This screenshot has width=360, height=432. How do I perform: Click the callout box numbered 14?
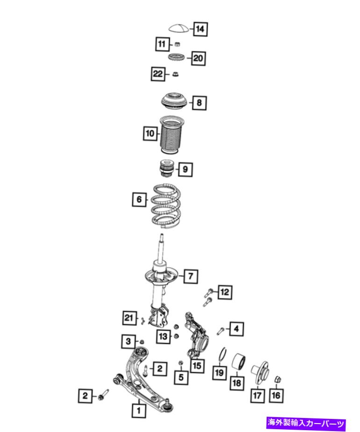point(200,29)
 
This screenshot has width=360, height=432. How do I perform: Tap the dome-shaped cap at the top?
point(179,28)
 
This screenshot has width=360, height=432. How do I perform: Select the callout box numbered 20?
point(198,58)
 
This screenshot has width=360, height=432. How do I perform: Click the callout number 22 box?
point(158,74)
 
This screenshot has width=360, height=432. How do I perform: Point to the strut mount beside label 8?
point(174,101)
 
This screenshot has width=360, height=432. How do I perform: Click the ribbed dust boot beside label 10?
point(172,135)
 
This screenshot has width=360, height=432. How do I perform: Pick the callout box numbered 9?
point(185,169)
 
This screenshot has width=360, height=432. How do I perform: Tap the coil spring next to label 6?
point(166,206)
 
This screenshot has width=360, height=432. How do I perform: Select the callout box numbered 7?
point(191,276)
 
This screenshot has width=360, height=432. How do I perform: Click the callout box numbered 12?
point(225,292)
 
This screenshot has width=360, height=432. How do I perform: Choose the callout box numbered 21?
point(129,318)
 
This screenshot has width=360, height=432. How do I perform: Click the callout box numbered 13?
point(163,336)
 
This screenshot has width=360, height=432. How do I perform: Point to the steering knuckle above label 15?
point(197,335)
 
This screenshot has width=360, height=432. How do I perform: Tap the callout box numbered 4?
point(236,329)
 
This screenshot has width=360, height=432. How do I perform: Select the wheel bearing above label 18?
point(238,361)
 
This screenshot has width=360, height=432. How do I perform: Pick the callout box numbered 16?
point(275,396)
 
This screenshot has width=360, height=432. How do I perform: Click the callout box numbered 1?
point(139,411)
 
